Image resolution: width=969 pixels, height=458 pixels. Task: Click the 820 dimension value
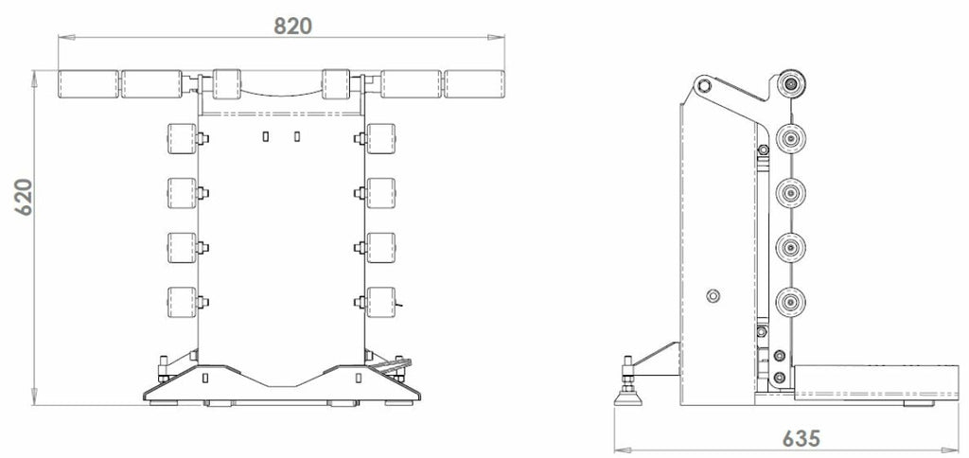(293, 26)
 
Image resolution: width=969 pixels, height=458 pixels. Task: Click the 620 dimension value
(24, 197)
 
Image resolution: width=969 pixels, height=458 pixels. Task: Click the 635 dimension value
(802, 438)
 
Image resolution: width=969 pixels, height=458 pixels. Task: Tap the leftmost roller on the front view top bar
(88, 84)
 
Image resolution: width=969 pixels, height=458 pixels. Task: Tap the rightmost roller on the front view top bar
(474, 84)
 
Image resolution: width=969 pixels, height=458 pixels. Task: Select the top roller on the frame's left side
(182, 138)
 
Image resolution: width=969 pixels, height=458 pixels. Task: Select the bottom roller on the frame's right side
(380, 302)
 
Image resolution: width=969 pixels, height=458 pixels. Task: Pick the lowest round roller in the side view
(790, 302)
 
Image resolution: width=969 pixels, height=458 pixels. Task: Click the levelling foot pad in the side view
(628, 398)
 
